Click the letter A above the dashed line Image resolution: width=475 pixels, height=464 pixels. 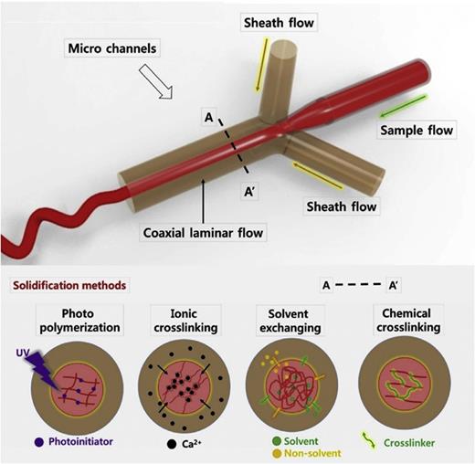tap(210, 116)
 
